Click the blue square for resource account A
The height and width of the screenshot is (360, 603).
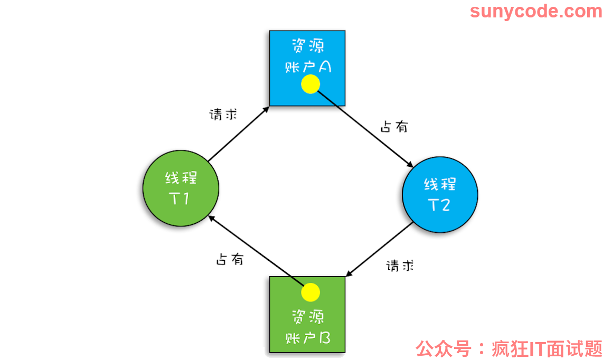(x=307, y=68)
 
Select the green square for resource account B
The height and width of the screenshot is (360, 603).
(x=307, y=314)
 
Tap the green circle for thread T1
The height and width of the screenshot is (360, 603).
(x=181, y=188)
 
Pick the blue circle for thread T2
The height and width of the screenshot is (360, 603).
(x=440, y=195)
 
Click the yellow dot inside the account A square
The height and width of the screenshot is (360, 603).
(x=310, y=84)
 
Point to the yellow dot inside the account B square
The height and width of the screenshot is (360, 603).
(x=310, y=292)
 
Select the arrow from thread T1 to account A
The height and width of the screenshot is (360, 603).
(x=239, y=134)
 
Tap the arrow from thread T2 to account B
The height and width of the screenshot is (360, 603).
(x=379, y=249)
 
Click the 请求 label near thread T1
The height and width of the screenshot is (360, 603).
(x=223, y=114)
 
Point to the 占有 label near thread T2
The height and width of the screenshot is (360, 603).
(x=394, y=126)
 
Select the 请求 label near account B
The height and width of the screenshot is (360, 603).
(x=400, y=266)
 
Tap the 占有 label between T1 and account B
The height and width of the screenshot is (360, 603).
(x=230, y=259)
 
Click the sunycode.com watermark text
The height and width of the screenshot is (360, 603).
(x=536, y=11)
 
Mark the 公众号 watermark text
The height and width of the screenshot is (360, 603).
(x=444, y=348)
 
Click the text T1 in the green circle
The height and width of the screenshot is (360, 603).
(x=179, y=198)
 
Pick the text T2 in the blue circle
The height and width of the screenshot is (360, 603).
(x=439, y=205)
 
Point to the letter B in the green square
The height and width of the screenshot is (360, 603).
(x=325, y=338)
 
